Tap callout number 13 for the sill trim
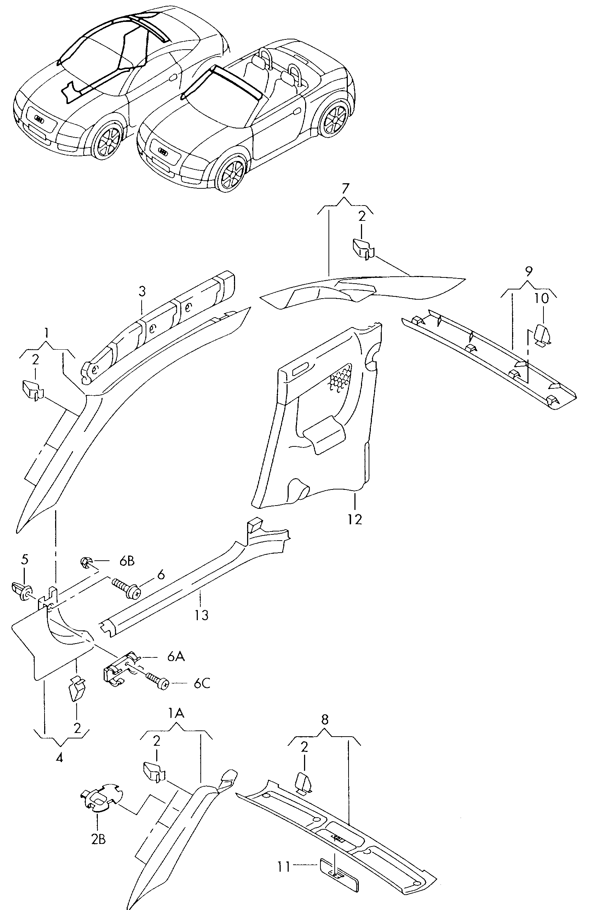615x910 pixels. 201,615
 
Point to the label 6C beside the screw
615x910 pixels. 201,684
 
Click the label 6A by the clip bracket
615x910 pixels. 176,657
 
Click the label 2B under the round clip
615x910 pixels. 99,839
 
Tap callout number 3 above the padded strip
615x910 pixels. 142,291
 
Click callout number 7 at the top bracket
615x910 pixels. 345,189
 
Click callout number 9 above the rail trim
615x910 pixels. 529,271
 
